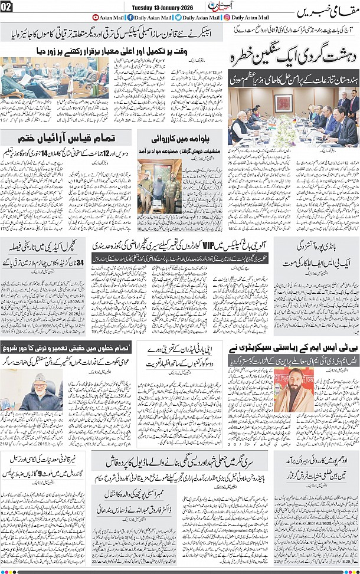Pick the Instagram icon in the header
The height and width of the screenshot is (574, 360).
pos(227,18)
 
